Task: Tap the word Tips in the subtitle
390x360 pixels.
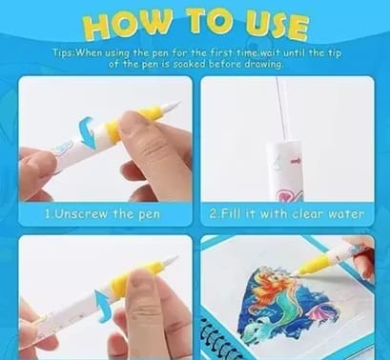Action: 63,52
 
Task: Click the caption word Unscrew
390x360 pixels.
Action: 81,213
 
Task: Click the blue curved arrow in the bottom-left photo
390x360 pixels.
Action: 102,306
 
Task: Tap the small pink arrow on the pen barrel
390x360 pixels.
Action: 296,161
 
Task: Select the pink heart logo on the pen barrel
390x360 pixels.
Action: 285,193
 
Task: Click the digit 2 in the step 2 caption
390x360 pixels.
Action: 213,213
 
